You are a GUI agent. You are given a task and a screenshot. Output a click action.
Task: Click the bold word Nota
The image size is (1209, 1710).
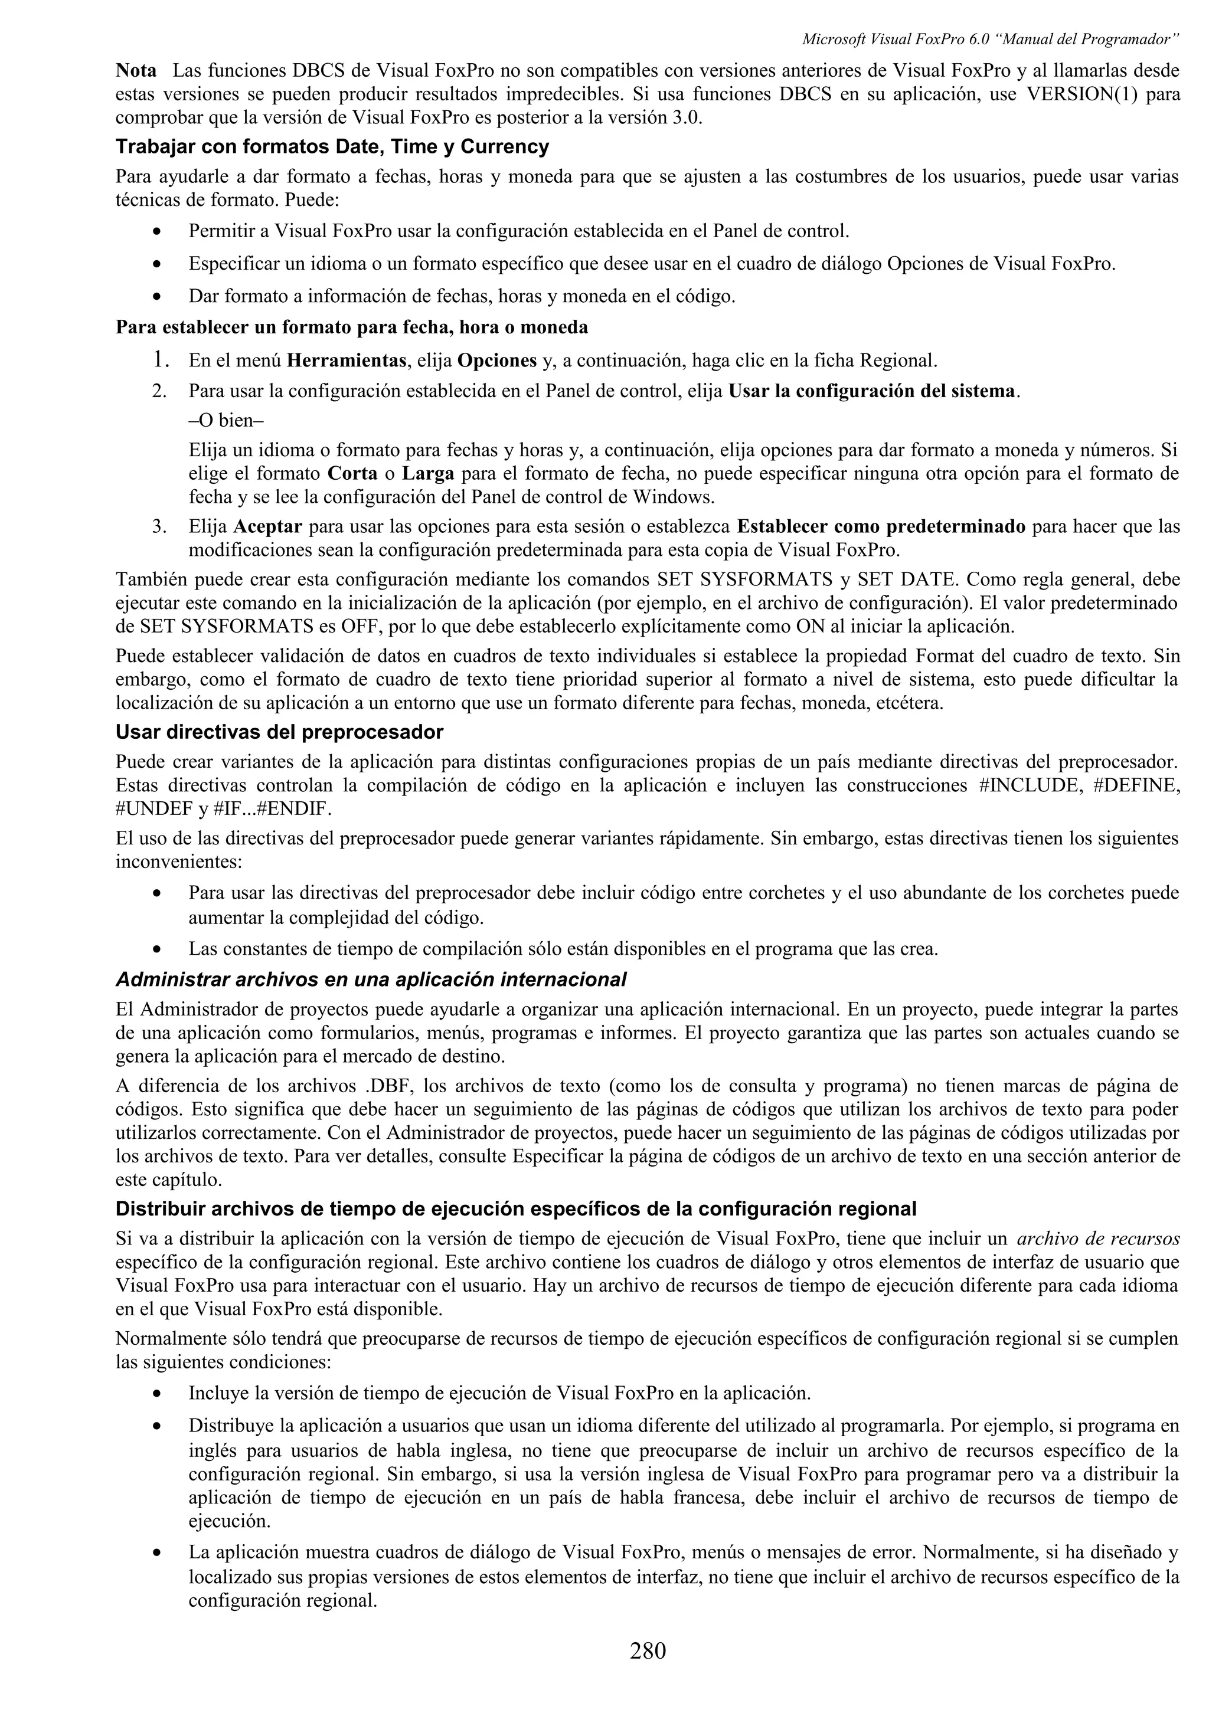tap(136, 71)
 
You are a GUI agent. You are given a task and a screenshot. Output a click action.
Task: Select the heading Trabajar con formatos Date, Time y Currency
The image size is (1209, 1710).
tap(332, 147)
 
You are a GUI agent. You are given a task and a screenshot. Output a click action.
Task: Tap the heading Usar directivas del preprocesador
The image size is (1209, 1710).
tap(279, 732)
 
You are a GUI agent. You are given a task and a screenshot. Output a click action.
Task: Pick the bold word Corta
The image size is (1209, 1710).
tap(352, 474)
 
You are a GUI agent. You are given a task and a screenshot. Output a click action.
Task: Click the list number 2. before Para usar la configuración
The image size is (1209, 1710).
tap(159, 392)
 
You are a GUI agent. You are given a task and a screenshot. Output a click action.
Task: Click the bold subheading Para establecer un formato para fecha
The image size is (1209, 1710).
tap(352, 327)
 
